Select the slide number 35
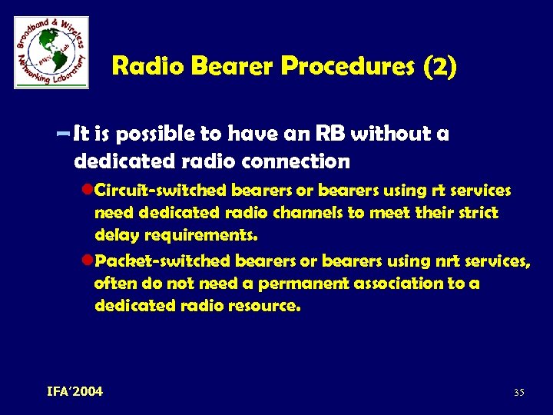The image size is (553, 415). tap(518, 393)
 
